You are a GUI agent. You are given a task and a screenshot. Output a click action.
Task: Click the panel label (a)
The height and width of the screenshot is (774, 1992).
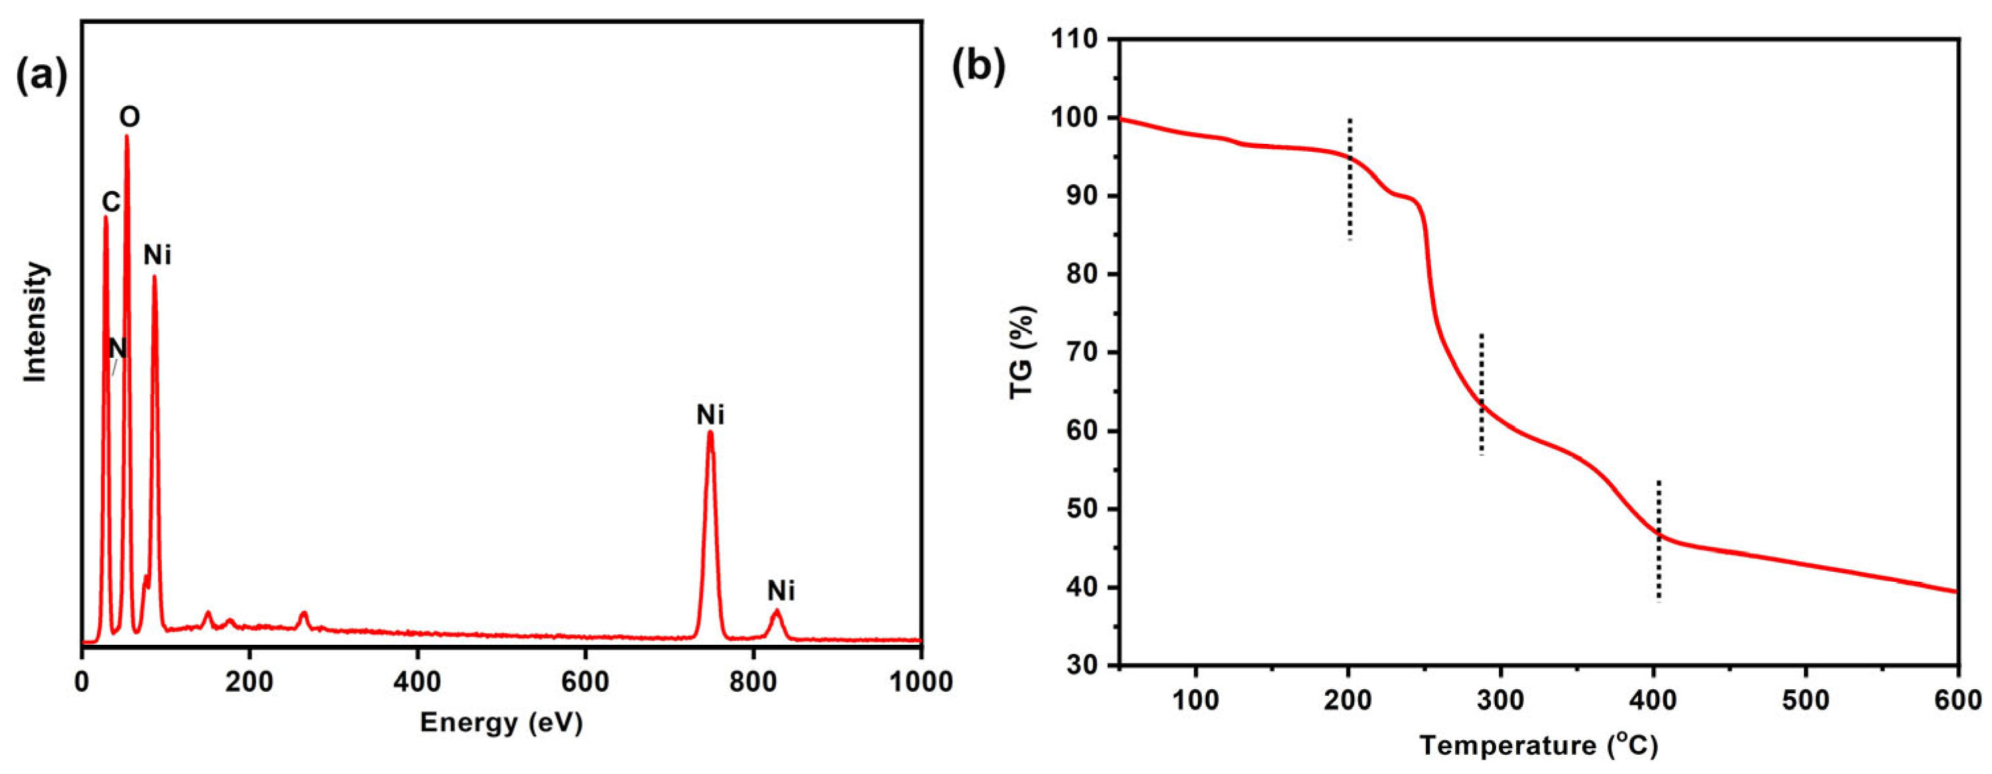(x=42, y=78)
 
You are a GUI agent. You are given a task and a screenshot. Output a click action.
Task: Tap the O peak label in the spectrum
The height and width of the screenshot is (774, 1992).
(x=129, y=117)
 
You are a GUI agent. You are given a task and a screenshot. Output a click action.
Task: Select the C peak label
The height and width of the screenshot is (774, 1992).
(x=111, y=203)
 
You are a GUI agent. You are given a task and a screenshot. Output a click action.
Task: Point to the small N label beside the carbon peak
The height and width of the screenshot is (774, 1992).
(x=117, y=349)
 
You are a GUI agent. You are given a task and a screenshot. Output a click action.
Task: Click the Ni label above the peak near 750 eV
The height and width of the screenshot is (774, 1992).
(x=710, y=415)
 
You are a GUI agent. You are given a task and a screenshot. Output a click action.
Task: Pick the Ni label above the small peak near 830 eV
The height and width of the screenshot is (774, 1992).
(x=781, y=592)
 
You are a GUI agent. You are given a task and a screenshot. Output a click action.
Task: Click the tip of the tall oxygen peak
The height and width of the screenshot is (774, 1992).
(x=127, y=138)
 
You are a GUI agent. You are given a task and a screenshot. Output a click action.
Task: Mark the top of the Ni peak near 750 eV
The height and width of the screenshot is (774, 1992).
(x=710, y=433)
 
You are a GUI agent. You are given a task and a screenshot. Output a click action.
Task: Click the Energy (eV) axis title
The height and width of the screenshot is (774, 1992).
(x=501, y=723)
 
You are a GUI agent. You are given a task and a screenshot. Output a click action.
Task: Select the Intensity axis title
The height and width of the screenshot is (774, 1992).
(x=36, y=323)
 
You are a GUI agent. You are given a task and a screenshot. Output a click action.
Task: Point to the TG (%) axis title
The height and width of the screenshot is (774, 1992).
(x=1022, y=352)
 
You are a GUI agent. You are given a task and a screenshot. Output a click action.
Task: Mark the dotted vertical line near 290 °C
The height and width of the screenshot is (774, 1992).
(x=1482, y=394)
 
